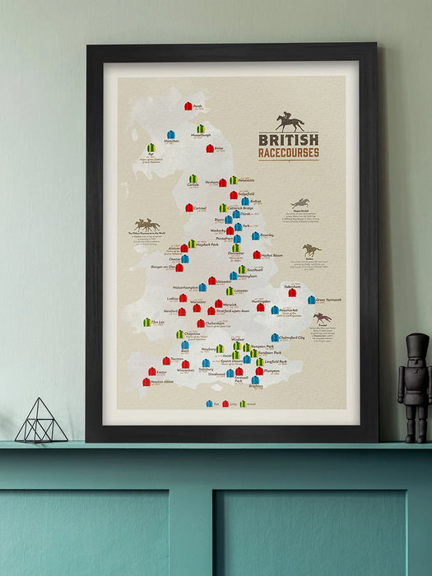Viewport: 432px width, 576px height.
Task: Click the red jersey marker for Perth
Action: point(188,106)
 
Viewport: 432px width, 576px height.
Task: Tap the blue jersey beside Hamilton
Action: point(171,134)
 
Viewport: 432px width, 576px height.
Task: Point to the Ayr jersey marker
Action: point(151,148)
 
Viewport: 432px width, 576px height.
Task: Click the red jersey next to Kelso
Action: point(210,149)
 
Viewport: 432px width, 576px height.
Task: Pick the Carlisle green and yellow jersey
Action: point(193,179)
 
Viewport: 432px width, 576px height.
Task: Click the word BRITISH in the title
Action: point(288,140)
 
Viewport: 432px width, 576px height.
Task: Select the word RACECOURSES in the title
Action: point(288,152)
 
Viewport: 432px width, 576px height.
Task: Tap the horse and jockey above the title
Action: point(289,122)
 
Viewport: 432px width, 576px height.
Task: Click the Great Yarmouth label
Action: point(329,300)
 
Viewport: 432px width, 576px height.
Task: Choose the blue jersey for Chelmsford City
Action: point(275,337)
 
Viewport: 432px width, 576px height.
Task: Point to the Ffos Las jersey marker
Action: point(147,323)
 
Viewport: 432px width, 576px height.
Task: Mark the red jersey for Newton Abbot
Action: point(146,382)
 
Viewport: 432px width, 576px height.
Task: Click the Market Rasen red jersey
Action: point(256,255)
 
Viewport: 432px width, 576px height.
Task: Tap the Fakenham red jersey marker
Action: point(292,292)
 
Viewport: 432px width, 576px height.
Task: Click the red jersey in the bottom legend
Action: point(225,404)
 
